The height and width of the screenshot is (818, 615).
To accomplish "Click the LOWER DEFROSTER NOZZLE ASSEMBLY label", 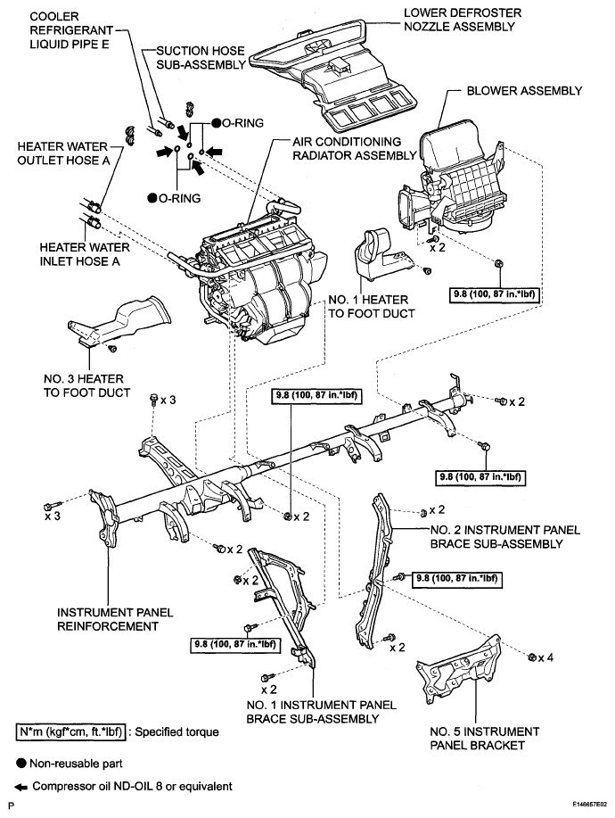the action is click(463, 20).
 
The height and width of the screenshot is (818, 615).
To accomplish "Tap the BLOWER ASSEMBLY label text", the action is click(524, 91).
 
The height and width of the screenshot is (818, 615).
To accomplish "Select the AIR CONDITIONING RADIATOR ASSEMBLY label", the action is click(355, 149).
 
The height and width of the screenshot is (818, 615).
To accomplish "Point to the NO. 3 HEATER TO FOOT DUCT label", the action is click(87, 385).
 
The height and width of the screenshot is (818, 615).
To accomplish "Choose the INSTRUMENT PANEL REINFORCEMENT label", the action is click(115, 619).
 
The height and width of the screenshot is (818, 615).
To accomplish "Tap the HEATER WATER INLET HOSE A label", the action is click(85, 254).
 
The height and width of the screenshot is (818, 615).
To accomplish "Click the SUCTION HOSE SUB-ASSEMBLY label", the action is click(201, 58).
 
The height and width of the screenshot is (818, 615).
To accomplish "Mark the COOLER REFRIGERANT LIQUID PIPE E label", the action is click(71, 30).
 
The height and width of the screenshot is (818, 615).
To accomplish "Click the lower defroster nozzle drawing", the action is click(333, 73).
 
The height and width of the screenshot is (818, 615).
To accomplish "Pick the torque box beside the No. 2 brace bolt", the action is click(457, 579).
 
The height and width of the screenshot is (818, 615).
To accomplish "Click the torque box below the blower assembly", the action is click(494, 294).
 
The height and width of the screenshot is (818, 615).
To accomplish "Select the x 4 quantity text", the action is click(545, 657).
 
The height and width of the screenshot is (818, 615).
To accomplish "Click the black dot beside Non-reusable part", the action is click(21, 764).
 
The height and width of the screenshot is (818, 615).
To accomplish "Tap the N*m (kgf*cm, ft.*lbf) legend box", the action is click(71, 732).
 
